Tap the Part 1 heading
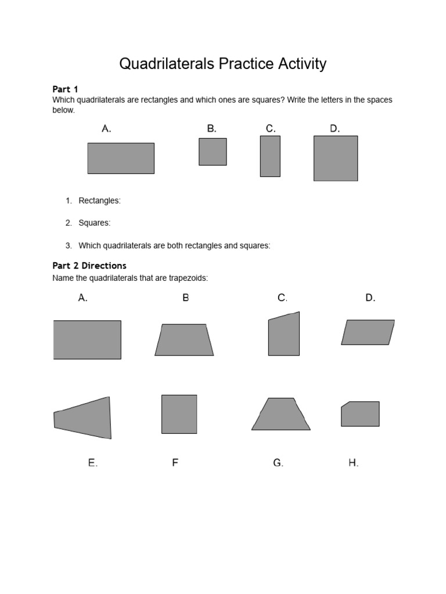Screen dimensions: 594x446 (x=65, y=89)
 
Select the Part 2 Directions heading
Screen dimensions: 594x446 (x=89, y=266)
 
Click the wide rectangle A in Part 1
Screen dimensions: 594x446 (x=121, y=158)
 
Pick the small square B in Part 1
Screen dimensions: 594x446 (x=213, y=152)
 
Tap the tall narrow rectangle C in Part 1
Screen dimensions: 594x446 (x=270, y=156)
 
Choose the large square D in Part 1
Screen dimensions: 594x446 (x=336, y=158)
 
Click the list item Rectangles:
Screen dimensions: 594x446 (x=99, y=201)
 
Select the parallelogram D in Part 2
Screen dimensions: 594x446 (x=368, y=332)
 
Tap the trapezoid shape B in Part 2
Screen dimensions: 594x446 (x=184, y=340)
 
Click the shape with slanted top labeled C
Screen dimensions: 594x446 (x=284, y=335)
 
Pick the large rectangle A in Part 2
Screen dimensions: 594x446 (x=87, y=340)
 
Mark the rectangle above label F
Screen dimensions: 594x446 (x=179, y=414)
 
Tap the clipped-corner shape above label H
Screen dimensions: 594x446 (x=361, y=414)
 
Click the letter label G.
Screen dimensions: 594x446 (x=278, y=463)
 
